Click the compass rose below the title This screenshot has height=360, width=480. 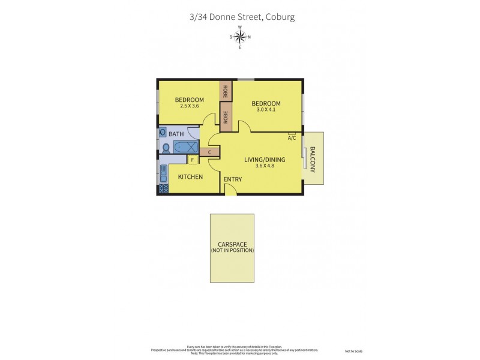(x=240, y=37)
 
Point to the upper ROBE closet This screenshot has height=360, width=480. (x=226, y=92)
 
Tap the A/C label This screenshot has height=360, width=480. (x=292, y=138)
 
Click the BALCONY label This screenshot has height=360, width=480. (x=313, y=160)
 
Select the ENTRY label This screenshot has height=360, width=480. (x=232, y=179)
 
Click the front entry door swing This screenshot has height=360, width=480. (x=230, y=190)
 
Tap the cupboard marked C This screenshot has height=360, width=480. (x=209, y=152)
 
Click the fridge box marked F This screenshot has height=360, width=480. (x=193, y=160)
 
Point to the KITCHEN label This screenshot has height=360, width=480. (x=190, y=177)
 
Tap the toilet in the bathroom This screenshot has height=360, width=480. (x=166, y=148)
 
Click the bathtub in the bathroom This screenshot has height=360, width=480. (x=185, y=147)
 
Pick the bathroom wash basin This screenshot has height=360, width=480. (x=163, y=133)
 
